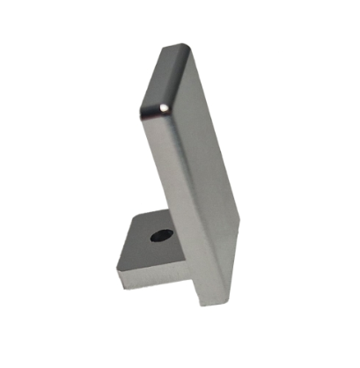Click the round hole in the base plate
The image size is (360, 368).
(x=159, y=235)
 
